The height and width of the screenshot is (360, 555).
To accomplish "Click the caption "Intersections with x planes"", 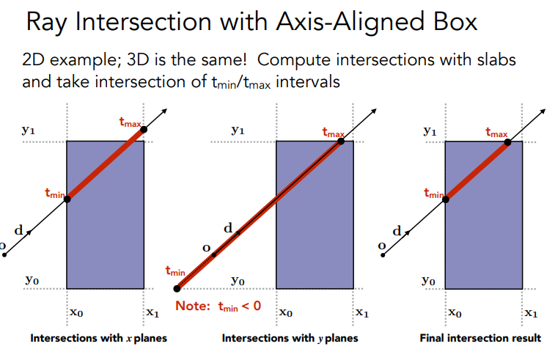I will tap(98, 338).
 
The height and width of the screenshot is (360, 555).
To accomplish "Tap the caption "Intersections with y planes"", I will tap(290, 338).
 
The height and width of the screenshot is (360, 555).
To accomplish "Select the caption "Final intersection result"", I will tap(480, 338).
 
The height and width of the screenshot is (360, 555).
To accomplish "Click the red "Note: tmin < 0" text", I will tap(218, 305).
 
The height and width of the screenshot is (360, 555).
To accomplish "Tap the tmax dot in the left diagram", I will tap(144, 130).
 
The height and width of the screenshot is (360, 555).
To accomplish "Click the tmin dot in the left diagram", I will tap(67, 199).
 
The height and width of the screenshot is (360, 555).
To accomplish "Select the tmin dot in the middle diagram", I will tap(177, 289).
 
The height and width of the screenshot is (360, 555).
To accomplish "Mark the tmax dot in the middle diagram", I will tap(342, 141).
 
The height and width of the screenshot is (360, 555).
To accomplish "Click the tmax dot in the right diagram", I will tap(507, 141).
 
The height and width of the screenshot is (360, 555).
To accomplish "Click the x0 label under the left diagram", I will tap(76, 313).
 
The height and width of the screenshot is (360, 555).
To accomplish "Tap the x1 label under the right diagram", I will tap(532, 313).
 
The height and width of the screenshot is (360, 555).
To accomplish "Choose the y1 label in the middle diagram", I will tap(238, 131).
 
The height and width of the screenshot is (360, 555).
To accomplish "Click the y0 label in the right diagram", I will tap(427, 280).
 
